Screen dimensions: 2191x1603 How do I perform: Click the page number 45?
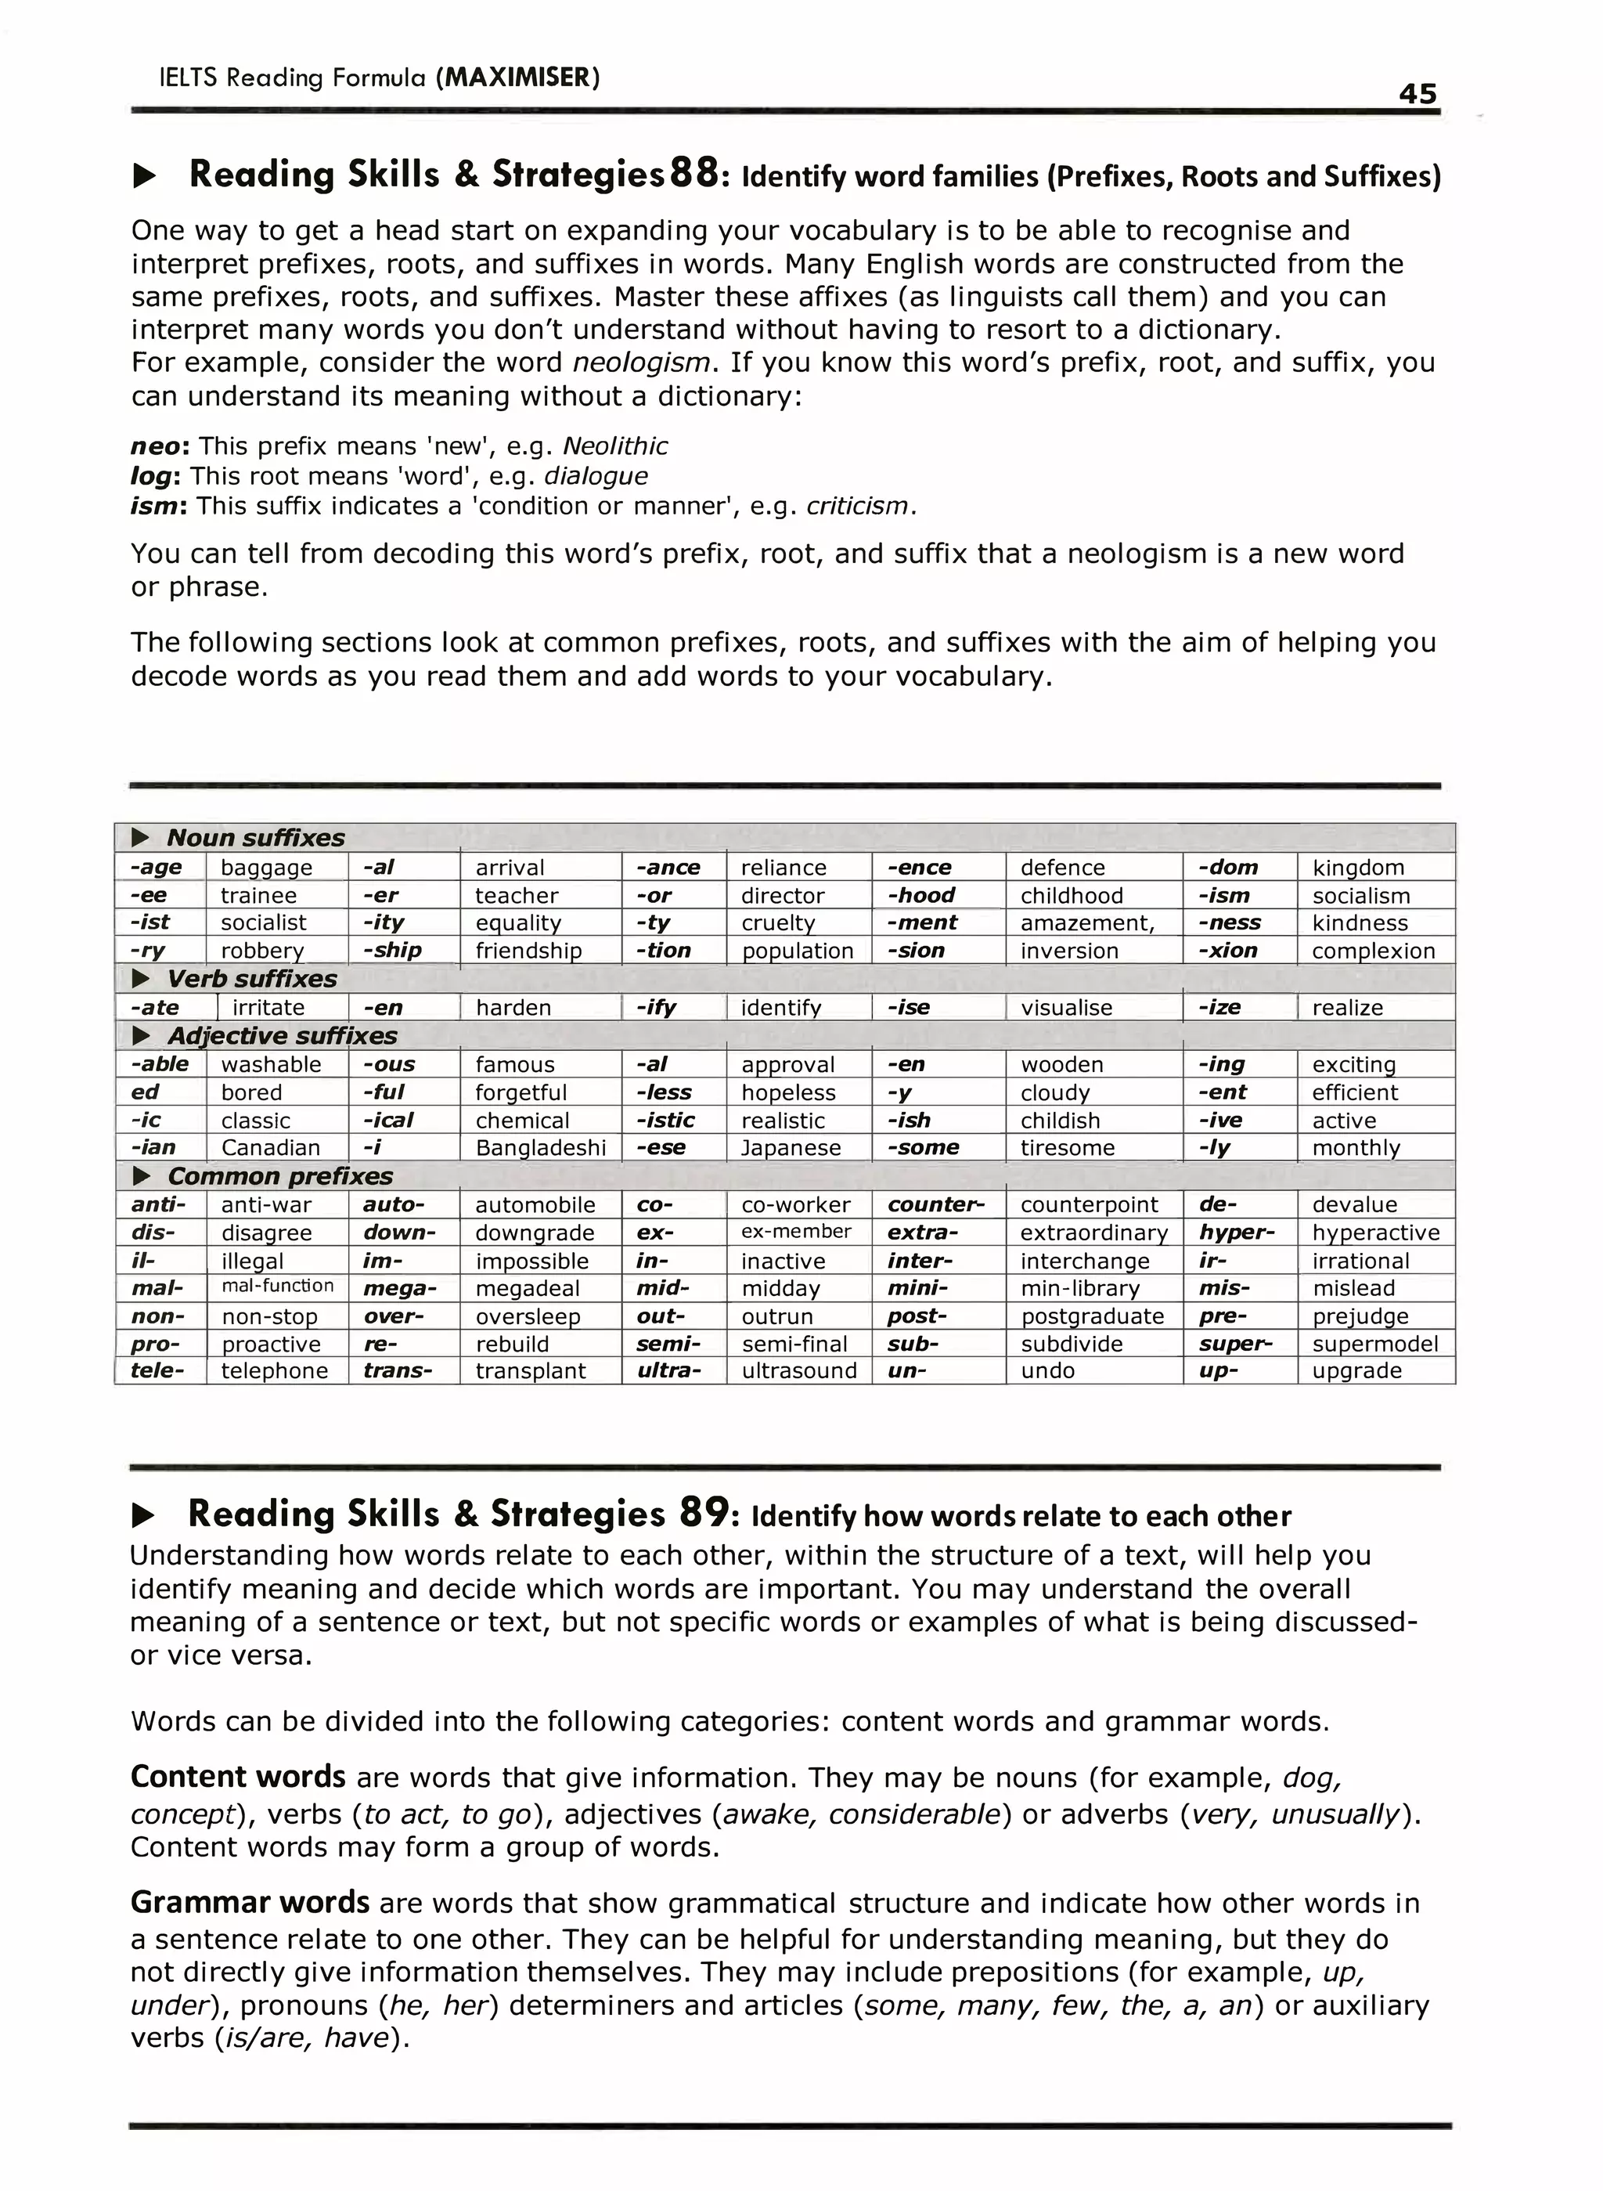coord(1417,93)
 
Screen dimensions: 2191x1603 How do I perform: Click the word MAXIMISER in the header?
coord(517,77)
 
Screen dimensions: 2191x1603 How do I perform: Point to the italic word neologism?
coord(641,363)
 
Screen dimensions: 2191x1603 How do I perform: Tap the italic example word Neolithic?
coord(615,446)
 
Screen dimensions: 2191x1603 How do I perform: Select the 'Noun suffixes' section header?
coord(255,838)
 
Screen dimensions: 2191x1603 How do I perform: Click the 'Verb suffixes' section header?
coord(251,979)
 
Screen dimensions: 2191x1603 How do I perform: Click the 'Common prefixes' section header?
coord(279,1177)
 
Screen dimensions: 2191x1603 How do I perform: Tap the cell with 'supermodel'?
coord(1375,1345)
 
